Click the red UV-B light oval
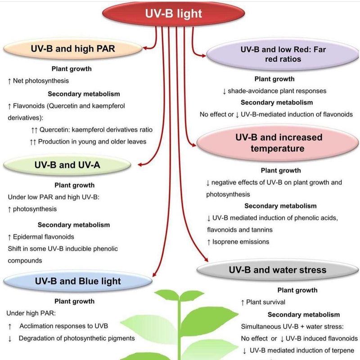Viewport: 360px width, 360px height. (x=173, y=13)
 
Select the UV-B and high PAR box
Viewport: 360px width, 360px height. (x=73, y=49)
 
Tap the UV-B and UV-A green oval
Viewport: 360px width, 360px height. (x=67, y=165)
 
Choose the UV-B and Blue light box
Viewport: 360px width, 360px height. (x=77, y=281)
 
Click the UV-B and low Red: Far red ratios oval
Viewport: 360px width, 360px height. (x=283, y=54)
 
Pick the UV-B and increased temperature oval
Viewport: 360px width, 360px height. (x=279, y=143)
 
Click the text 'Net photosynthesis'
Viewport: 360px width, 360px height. (x=41, y=81)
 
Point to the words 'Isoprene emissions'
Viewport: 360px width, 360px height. (x=241, y=242)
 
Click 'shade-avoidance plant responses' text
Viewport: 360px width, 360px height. (x=277, y=91)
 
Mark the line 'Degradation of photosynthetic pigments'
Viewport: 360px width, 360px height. (x=76, y=338)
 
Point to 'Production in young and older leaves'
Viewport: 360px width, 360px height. (x=95, y=141)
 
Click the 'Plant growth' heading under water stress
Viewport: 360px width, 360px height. (x=297, y=290)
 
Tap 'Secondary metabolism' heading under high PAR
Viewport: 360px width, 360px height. (x=84, y=94)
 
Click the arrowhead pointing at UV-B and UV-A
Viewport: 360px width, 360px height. (x=141, y=165)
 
